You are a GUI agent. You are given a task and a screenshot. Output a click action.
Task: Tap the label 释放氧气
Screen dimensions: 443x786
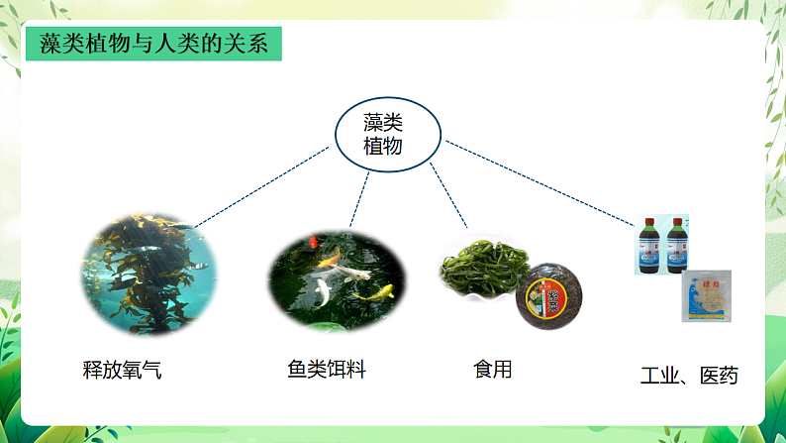(x=121, y=371)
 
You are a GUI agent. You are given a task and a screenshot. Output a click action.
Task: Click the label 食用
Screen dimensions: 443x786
(x=493, y=370)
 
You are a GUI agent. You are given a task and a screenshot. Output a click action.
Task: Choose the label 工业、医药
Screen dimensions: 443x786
(x=689, y=376)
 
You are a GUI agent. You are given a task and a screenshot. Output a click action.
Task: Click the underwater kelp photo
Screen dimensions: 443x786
(x=148, y=276)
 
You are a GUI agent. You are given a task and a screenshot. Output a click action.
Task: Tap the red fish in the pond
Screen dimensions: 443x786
(x=314, y=241)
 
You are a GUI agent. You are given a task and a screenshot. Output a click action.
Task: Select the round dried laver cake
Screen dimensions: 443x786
(x=548, y=296)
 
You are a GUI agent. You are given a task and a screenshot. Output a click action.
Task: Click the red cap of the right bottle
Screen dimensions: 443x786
(x=678, y=221)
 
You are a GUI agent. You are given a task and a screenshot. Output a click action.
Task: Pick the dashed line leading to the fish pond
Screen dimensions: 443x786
(x=359, y=198)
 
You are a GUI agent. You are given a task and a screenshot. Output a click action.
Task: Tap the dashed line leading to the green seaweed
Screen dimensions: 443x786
(x=447, y=196)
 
